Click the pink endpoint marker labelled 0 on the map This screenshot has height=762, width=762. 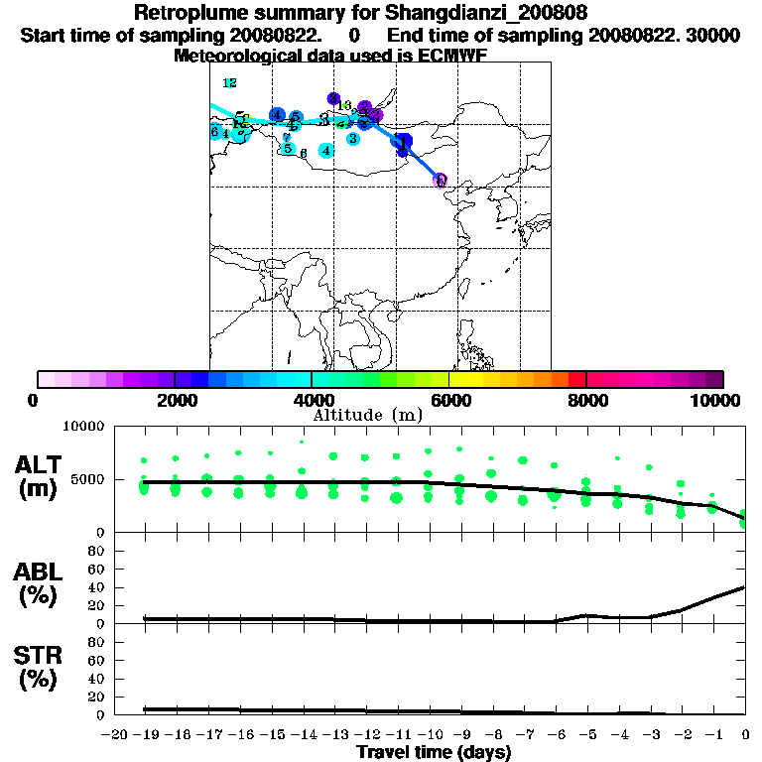pos(441,181)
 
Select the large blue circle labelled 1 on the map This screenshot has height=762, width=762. pos(402,142)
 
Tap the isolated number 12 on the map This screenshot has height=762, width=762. pos(230,83)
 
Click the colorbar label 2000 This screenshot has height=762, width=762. pos(175,400)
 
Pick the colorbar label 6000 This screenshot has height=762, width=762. pos(449,400)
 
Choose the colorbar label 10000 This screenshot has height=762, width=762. pos(716,400)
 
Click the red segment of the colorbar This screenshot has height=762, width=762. pos(576,379)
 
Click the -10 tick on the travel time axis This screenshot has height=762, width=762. pos(430,735)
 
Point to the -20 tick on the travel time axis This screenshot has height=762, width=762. pos(114,735)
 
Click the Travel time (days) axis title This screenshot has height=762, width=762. pos(434,753)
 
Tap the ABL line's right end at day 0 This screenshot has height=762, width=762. pos(745,587)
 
